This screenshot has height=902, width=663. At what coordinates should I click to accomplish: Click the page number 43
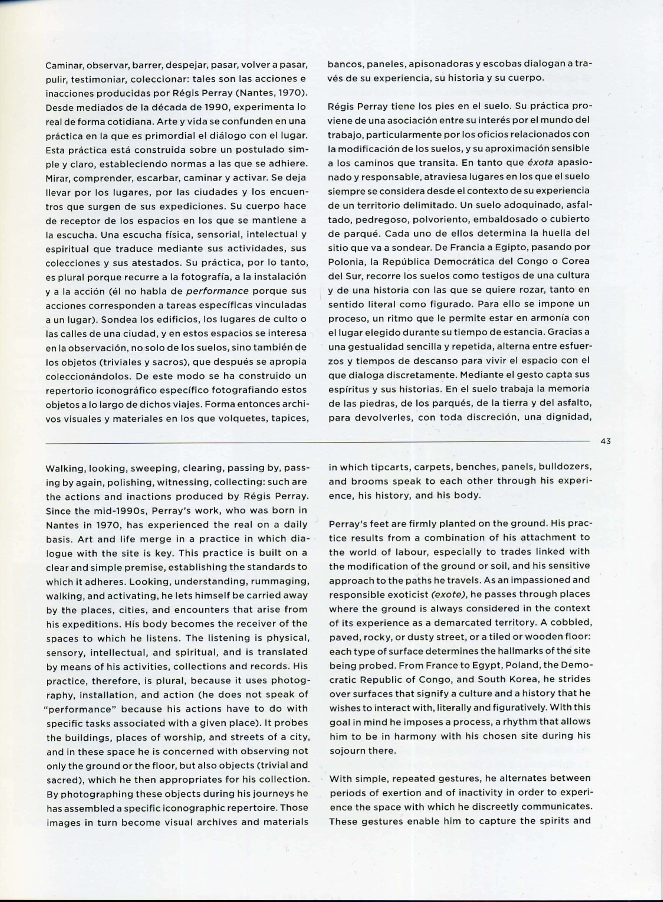(605, 441)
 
